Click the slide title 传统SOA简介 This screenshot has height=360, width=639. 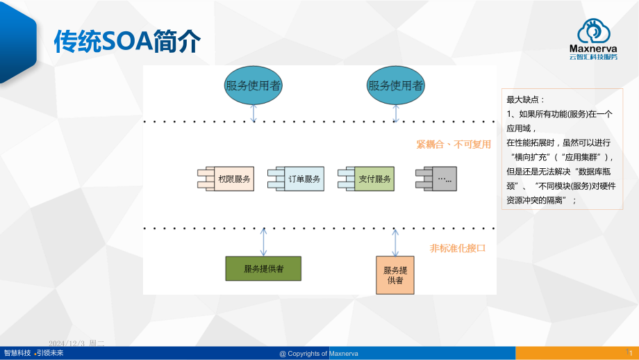tap(127, 42)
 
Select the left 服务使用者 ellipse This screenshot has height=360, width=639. tap(254, 85)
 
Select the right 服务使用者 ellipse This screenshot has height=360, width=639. tap(395, 85)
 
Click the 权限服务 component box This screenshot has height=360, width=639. tap(230, 179)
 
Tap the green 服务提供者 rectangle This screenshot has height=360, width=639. tap(263, 268)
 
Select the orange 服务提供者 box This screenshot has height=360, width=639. tap(395, 275)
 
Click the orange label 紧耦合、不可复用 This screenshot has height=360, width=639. tap(454, 145)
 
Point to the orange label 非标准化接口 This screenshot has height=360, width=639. tap(458, 248)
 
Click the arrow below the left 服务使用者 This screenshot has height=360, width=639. tap(254, 113)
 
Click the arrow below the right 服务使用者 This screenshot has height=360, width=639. tap(395, 113)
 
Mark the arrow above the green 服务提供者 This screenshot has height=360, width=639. tap(263, 242)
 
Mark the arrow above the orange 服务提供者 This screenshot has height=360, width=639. tap(395, 242)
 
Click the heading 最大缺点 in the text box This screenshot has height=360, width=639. tap(521, 99)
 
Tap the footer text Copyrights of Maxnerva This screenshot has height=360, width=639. tap(319, 353)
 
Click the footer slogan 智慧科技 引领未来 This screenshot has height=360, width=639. tap(33, 353)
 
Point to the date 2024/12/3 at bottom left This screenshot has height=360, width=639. tap(76, 343)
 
